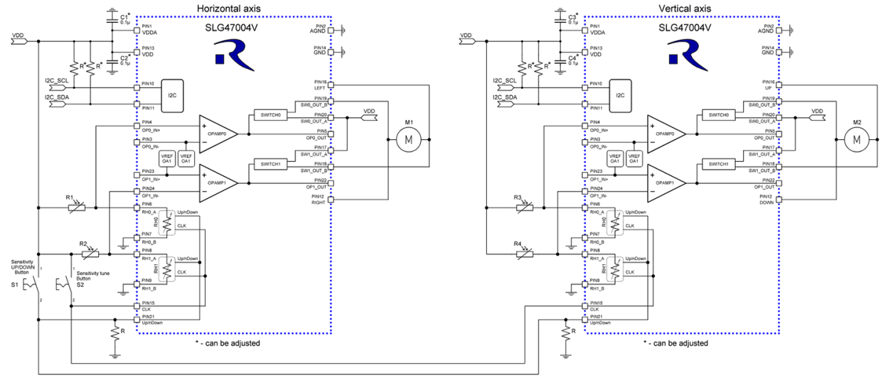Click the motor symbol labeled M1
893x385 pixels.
point(408,141)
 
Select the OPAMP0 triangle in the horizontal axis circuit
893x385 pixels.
point(218,134)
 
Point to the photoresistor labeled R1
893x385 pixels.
point(76,208)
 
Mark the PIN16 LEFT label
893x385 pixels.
point(319,85)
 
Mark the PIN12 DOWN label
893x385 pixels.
point(766,199)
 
